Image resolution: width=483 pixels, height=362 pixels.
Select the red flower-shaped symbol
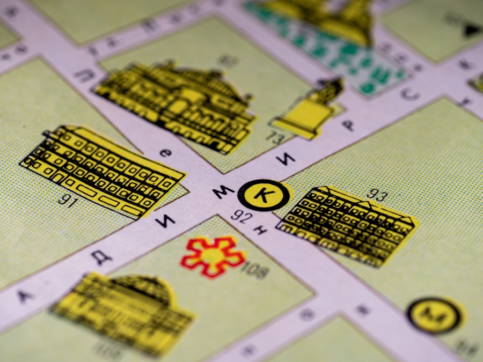tap(213, 256)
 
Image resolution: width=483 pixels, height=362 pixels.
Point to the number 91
tap(67, 201)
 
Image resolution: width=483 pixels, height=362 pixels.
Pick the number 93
tap(377, 195)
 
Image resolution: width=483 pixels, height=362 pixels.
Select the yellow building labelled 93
tap(347, 226)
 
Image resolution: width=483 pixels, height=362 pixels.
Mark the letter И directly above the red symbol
tap(166, 220)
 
